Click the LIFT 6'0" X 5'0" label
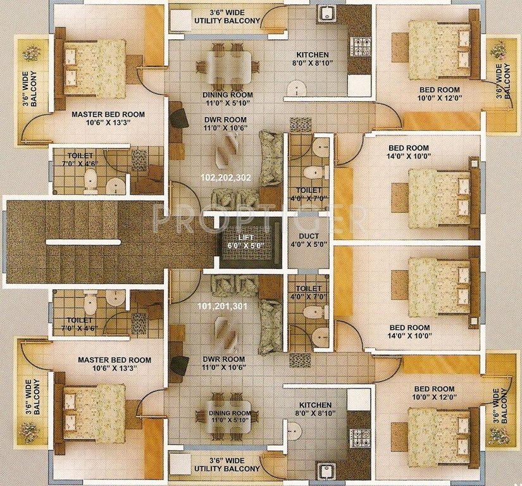[243, 240]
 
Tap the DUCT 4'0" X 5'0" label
[309, 240]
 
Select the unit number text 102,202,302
[225, 178]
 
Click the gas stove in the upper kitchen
[361, 45]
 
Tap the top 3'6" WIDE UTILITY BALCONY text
[226, 17]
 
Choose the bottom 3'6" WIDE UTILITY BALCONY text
[226, 464]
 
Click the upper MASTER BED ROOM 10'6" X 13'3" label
[108, 120]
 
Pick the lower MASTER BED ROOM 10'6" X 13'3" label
[114, 364]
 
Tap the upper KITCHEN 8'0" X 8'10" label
[314, 59]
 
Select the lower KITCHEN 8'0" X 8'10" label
[314, 409]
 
